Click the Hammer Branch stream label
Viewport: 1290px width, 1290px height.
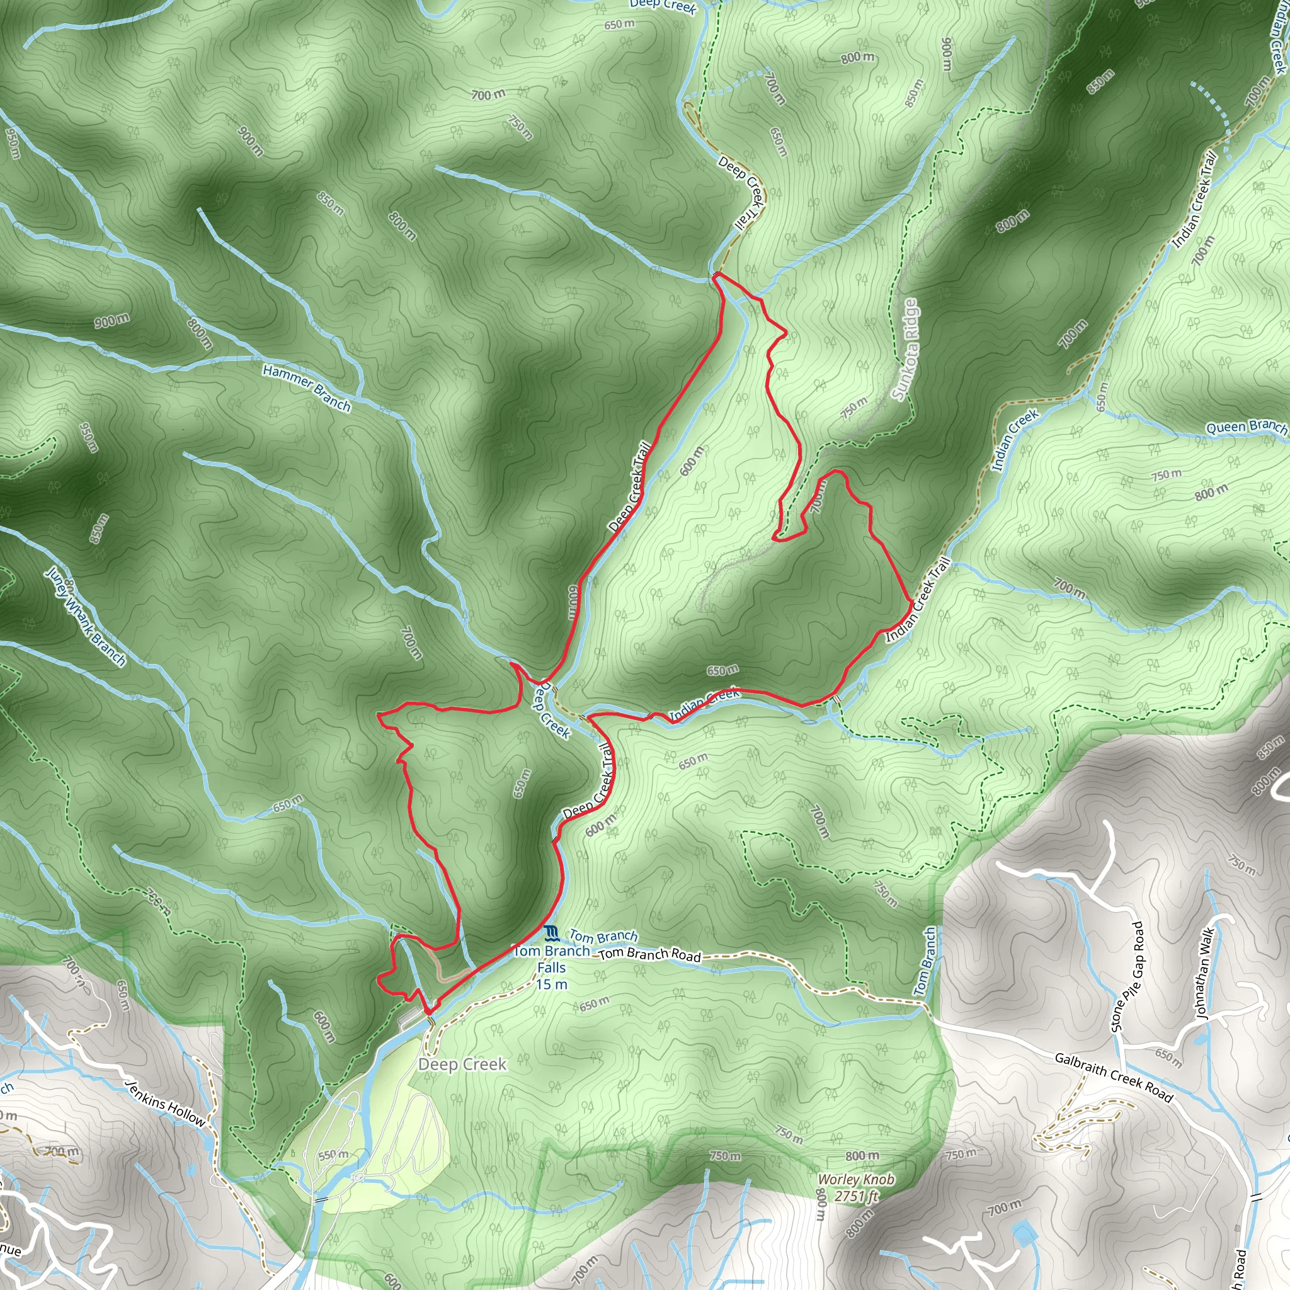tap(307, 388)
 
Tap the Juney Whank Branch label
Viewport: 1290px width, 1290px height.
tap(86, 616)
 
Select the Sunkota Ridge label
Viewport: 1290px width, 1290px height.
tap(905, 349)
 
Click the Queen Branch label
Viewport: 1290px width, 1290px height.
tap(1246, 426)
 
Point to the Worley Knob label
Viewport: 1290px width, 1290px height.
tap(855, 1180)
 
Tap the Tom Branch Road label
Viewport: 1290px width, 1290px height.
tap(649, 955)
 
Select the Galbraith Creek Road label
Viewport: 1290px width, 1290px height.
tap(1114, 1077)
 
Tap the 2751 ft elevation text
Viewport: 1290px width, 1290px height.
tap(857, 1196)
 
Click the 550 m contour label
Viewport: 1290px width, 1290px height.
tap(333, 1155)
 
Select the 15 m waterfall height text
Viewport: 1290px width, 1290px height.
tap(552, 985)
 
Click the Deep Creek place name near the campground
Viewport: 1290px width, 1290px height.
tap(462, 1065)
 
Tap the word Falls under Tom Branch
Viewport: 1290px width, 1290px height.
tap(552, 967)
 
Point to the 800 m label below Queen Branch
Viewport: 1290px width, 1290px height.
tap(1211, 493)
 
